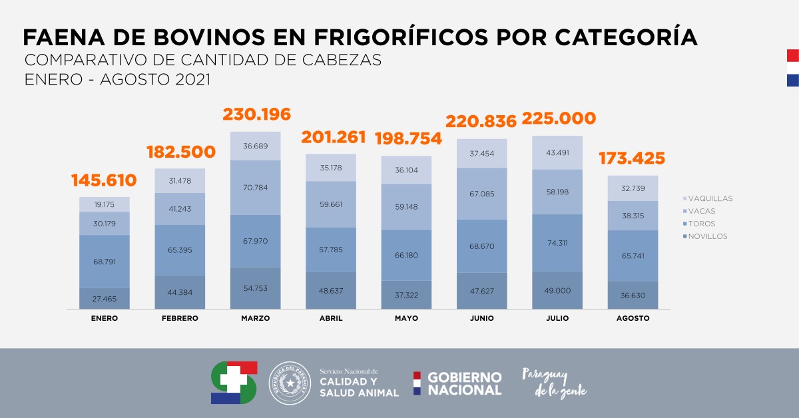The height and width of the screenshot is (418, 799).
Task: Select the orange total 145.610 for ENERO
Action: [x=104, y=180]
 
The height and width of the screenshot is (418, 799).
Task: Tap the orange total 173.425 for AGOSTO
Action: [x=633, y=158]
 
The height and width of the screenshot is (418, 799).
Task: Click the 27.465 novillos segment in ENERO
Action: [x=105, y=299]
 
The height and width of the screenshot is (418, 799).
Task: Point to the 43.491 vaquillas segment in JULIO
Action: [x=557, y=152]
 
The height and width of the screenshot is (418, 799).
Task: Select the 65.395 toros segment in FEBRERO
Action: [x=180, y=250]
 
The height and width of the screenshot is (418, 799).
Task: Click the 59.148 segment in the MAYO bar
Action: [x=406, y=206]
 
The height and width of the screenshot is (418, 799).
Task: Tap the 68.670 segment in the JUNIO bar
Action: [x=481, y=246]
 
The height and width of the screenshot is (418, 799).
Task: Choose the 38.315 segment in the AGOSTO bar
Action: [x=633, y=216]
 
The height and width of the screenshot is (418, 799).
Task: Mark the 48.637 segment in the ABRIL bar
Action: [x=331, y=290]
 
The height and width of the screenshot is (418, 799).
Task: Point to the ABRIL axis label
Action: [x=331, y=318]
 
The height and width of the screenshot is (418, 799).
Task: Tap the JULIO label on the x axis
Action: [x=557, y=318]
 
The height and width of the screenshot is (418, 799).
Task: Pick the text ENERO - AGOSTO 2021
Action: [x=117, y=79]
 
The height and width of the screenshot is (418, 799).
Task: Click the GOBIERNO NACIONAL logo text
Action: [x=463, y=383]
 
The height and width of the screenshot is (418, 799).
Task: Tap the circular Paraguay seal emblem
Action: [x=290, y=383]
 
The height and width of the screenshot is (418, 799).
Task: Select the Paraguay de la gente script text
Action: [x=554, y=383]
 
